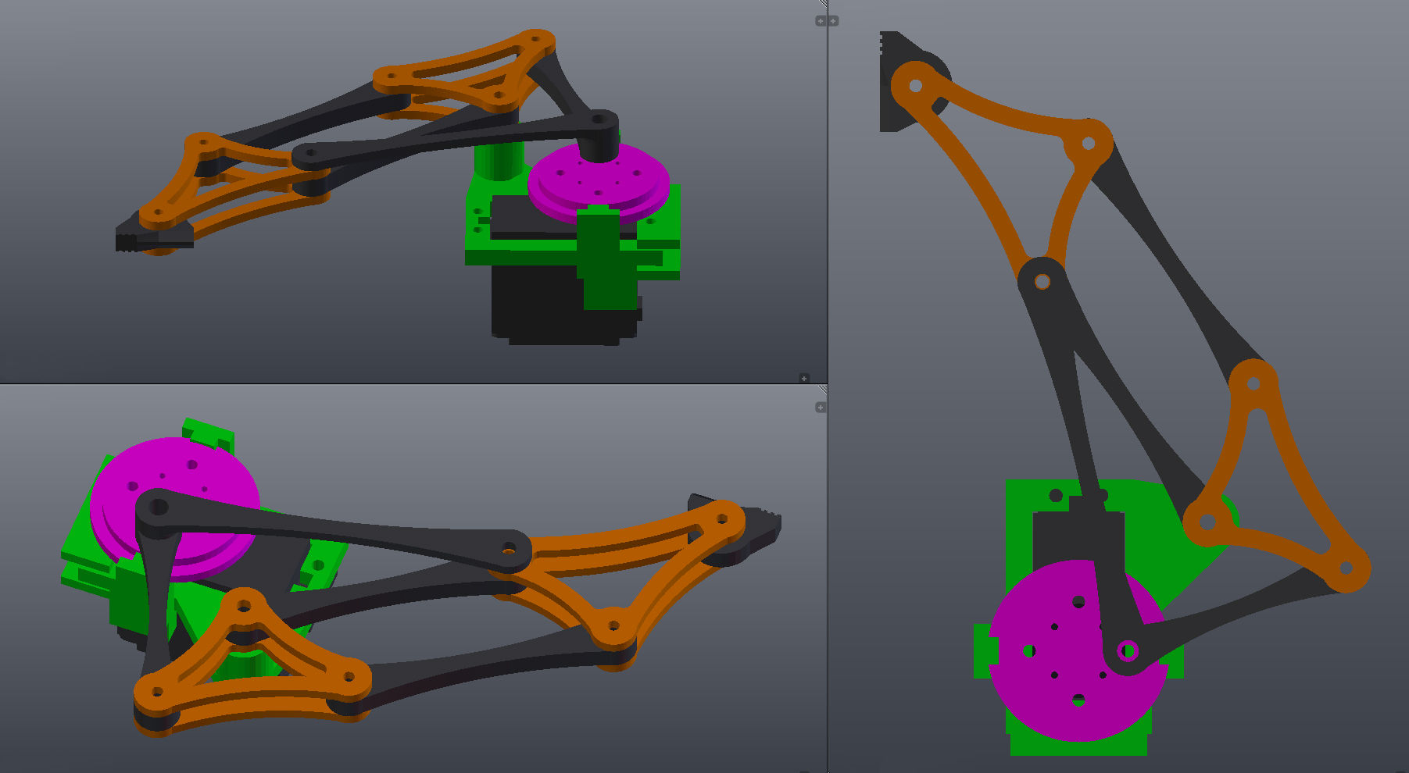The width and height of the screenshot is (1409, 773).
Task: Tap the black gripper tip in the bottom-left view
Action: click(x=762, y=525)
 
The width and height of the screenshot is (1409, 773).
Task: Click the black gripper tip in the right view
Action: click(x=891, y=78)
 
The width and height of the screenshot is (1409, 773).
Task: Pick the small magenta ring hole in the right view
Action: click(x=1127, y=650)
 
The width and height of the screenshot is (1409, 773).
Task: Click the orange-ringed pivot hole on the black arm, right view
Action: click(x=1042, y=282)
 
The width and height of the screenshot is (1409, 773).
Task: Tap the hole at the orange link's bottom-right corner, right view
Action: click(x=1346, y=568)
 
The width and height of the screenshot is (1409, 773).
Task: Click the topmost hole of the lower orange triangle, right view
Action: click(x=1253, y=383)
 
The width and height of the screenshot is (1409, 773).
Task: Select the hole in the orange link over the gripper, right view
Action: click(x=916, y=85)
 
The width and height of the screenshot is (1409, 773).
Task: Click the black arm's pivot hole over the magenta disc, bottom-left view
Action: click(x=158, y=508)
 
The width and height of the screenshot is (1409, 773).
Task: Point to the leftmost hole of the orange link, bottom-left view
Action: click(x=157, y=692)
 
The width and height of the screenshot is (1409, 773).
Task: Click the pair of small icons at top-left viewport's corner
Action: click(x=826, y=21)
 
